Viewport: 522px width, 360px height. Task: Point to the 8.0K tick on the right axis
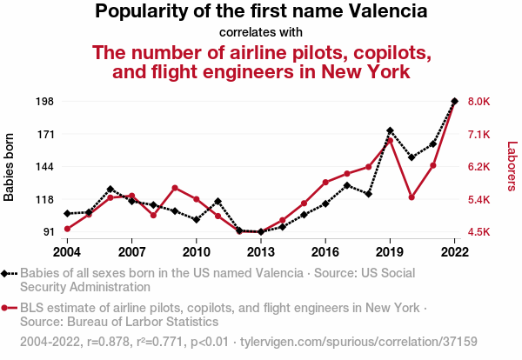tap(479, 102)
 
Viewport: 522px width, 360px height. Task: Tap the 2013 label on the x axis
tap(260, 252)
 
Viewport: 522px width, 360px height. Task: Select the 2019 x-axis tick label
tap(390, 252)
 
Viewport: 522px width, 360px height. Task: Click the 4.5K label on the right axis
tap(479, 232)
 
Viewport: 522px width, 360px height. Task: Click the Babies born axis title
tap(10, 167)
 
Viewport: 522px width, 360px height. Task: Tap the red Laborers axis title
tap(512, 167)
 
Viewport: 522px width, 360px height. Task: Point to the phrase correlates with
tap(261, 33)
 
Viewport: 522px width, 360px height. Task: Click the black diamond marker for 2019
tap(390, 130)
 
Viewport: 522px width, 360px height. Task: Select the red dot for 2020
tap(412, 197)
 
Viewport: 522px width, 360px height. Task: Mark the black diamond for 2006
tap(110, 189)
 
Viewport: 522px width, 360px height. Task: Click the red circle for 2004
tap(67, 229)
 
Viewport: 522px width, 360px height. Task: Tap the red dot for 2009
tap(175, 188)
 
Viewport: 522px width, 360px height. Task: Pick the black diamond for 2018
tap(369, 194)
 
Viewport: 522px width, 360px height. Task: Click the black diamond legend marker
tap(7, 273)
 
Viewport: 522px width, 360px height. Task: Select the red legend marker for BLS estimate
tap(7, 308)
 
